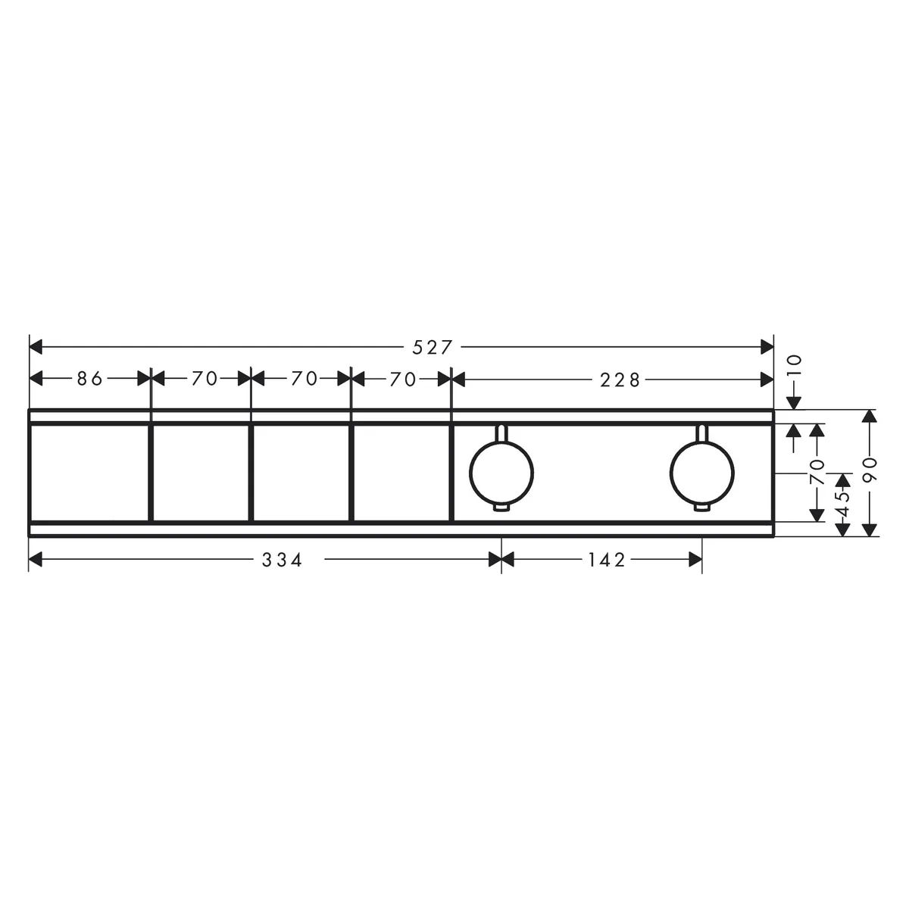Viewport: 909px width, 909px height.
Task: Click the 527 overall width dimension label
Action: tap(432, 348)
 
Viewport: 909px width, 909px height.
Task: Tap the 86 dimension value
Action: tap(89, 379)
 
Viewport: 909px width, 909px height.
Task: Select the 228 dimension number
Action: tap(620, 380)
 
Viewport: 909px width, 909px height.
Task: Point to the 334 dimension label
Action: tap(282, 561)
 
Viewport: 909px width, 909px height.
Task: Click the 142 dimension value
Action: tap(607, 561)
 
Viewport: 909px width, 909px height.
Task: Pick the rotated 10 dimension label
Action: tap(795, 365)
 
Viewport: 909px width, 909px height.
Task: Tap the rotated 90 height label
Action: tap(869, 469)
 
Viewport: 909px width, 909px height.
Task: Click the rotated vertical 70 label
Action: tap(817, 472)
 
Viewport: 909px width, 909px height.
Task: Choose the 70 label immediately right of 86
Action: tap(205, 379)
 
